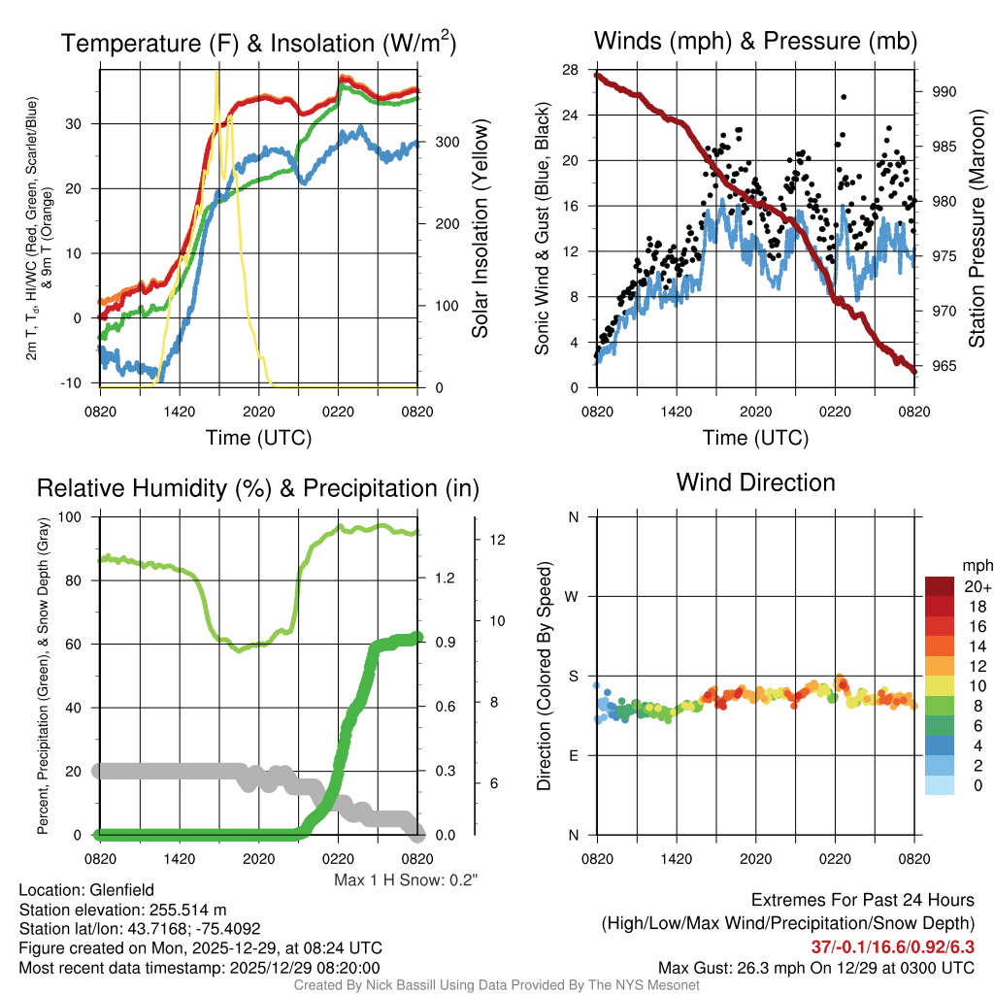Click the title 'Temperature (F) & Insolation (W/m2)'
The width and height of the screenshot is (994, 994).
tap(258, 43)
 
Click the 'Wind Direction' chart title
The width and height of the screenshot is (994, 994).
tap(755, 482)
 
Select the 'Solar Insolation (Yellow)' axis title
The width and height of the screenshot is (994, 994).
tap(480, 229)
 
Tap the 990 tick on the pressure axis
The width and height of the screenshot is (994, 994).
tap(944, 92)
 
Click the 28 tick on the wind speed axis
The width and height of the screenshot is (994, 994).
tap(571, 70)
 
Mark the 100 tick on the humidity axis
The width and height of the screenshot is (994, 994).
tap(73, 516)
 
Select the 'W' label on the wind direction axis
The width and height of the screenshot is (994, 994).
tap(573, 596)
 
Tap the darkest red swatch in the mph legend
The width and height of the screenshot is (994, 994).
tap(941, 587)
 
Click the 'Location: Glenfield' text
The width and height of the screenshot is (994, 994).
tap(86, 889)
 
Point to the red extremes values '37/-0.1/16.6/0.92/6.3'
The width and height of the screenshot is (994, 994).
tap(892, 946)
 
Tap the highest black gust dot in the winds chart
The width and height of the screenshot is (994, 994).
tap(844, 97)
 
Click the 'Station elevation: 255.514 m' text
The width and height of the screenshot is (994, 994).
tap(122, 909)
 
